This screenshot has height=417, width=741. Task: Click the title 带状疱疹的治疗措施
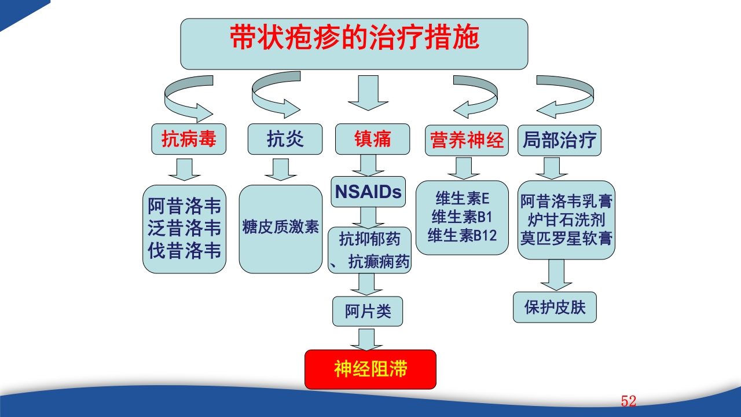pyautogui.click(x=354, y=39)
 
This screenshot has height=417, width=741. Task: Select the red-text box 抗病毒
pyautogui.click(x=188, y=140)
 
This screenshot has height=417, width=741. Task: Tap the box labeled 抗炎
pyautogui.click(x=285, y=140)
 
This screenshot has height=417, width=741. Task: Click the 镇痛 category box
pyautogui.click(x=372, y=140)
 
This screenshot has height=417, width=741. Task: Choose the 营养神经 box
pyautogui.click(x=467, y=140)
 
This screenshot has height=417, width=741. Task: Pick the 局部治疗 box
pyautogui.click(x=559, y=140)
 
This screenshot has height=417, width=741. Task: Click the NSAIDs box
pyautogui.click(x=368, y=192)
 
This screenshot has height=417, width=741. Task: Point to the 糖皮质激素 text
pyautogui.click(x=281, y=226)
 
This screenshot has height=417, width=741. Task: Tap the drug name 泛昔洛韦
pyautogui.click(x=184, y=228)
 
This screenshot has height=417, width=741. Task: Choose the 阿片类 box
pyautogui.click(x=368, y=312)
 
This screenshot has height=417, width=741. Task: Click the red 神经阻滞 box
pyautogui.click(x=370, y=369)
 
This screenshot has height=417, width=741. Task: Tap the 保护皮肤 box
pyautogui.click(x=555, y=307)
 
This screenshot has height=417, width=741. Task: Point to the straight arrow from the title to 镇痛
pyautogui.click(x=368, y=93)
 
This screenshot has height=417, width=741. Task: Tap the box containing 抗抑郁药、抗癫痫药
pyautogui.click(x=369, y=250)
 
